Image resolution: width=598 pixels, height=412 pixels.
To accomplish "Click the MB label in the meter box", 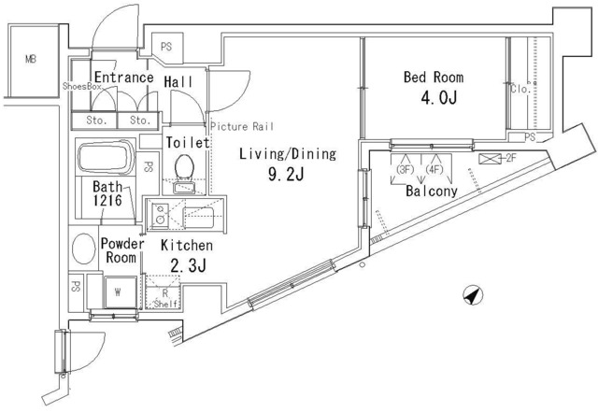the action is (31, 59).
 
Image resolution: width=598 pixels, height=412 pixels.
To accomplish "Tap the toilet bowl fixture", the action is (185, 167).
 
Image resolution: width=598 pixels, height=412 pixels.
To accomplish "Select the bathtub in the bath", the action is (106, 157).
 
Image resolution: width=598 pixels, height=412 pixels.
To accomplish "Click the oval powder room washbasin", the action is (84, 248).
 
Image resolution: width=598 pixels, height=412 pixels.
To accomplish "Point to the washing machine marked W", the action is (120, 292).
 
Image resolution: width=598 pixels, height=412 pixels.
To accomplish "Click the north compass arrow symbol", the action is (473, 295).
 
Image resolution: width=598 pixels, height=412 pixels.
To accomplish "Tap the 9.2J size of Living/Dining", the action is (286, 175).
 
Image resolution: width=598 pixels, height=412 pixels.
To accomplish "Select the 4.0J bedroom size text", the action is (438, 98).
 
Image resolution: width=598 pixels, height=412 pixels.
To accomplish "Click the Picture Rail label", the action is (242, 126).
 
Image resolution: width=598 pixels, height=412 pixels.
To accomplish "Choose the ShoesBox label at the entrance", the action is (82, 86).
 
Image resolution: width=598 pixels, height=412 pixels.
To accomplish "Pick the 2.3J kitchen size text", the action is (188, 266).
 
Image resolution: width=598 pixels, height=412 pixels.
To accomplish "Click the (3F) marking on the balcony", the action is (405, 169).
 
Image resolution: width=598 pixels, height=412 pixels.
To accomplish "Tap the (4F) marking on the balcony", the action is (434, 169).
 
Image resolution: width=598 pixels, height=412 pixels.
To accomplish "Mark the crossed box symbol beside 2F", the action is (490, 159).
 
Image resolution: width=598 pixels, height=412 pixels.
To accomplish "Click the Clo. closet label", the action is (520, 89).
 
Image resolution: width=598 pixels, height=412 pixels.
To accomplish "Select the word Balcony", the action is (432, 191).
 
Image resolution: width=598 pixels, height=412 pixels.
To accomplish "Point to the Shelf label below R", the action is (165, 304).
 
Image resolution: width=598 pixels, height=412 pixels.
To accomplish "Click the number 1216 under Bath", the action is (107, 200).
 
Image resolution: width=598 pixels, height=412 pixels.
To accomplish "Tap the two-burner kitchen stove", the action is (160, 214).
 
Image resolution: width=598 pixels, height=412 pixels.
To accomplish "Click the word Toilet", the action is (188, 143).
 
